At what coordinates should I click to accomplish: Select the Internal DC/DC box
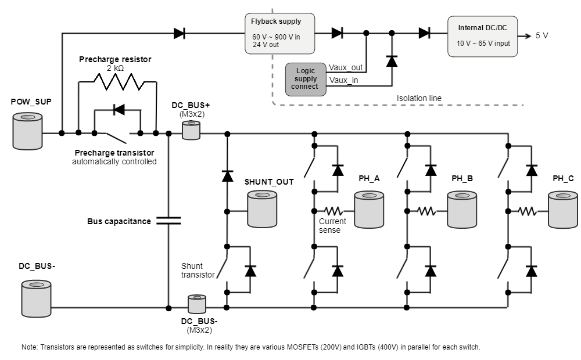tap(482, 36)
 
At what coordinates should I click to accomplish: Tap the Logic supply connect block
tap(306, 79)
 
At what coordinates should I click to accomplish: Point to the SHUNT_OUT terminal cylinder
tap(261, 209)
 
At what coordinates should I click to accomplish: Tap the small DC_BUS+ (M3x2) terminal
tap(191, 131)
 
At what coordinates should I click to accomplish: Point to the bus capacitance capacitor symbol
tap(168, 221)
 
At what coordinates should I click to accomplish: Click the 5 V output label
tap(541, 35)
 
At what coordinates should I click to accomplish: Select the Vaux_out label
tap(346, 68)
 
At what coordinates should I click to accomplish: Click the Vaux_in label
tap(343, 80)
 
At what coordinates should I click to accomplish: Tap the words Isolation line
tap(419, 98)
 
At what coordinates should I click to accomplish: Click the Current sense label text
tap(332, 225)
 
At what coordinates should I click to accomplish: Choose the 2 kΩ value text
tap(115, 68)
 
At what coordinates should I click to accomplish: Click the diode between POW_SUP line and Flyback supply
tap(180, 33)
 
